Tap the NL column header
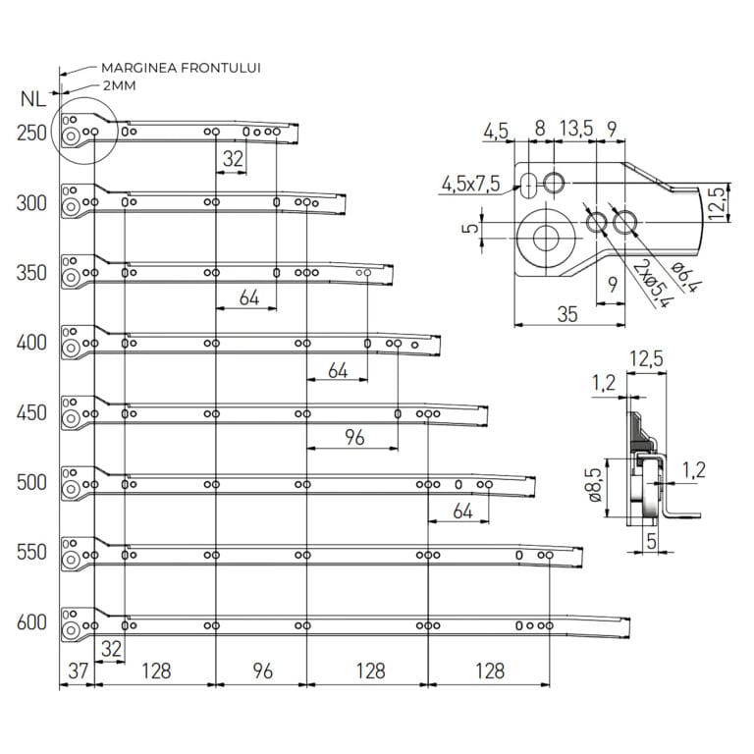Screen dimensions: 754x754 click(x=30, y=98)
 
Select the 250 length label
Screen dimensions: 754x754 click(x=32, y=134)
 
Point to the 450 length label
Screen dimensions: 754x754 click(x=32, y=413)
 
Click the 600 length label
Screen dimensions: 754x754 click(x=32, y=622)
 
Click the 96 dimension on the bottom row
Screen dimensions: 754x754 click(x=261, y=671)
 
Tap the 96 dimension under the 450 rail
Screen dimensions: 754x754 click(x=353, y=437)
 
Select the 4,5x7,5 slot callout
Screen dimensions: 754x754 click(x=470, y=184)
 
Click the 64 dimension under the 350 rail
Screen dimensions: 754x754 click(x=248, y=296)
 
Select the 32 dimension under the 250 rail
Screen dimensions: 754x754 click(x=233, y=158)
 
